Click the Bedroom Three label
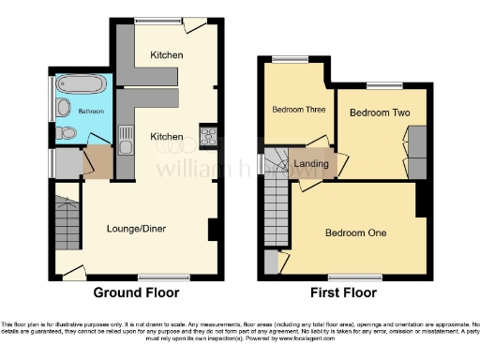[298, 110]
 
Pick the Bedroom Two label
[373, 112]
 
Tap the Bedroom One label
[356, 232]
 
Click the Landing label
[311, 164]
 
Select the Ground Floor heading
[136, 292]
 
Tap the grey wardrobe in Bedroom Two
[417, 142]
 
